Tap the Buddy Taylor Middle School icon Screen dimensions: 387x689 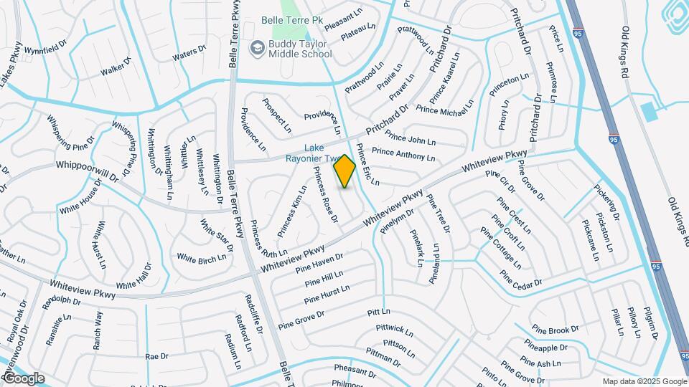coord(256,48)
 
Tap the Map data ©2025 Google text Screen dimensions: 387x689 coord(644,381)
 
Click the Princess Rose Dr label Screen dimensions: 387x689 coord(325,193)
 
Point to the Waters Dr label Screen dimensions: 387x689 coord(189,52)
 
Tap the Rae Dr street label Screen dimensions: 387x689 coord(156,355)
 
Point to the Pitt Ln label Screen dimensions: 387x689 coord(378,312)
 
